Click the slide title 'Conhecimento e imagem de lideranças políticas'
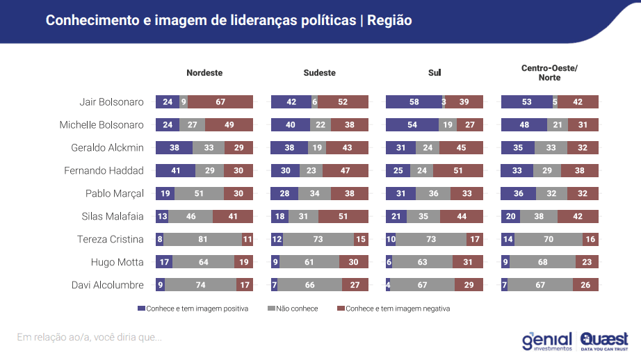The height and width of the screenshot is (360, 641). click(200, 21)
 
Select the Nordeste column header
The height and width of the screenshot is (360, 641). click(204, 73)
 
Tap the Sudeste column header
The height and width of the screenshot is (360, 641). click(319, 73)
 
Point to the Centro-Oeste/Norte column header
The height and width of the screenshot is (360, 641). click(549, 73)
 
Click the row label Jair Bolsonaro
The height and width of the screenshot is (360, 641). click(111, 102)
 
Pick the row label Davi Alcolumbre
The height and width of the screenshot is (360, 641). click(108, 285)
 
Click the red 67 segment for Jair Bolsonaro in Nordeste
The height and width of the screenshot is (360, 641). click(220, 102)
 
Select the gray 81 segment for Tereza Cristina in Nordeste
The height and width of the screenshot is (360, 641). click(202, 240)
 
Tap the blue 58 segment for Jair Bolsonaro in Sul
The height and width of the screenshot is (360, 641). click(414, 102)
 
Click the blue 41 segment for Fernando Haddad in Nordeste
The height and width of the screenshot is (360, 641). click(175, 171)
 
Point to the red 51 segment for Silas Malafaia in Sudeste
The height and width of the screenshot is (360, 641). click(343, 217)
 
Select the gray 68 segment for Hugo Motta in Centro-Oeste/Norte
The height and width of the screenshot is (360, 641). click(543, 263)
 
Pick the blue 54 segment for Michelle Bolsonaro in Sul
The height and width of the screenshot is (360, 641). click(412, 125)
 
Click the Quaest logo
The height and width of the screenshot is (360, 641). click(604, 340)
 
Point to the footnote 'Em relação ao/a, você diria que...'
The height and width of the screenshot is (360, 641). click(89, 338)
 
